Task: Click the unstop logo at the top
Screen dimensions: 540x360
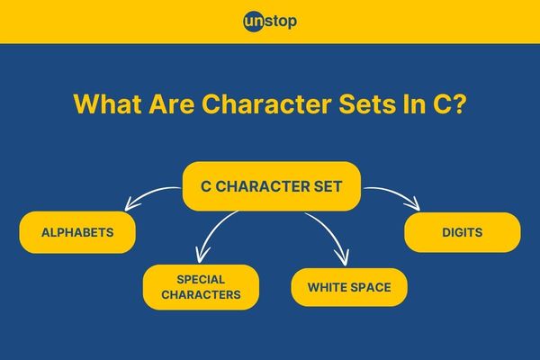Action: [270, 22]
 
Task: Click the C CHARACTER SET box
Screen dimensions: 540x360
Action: [272, 186]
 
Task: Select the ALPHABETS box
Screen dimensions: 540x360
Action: [77, 232]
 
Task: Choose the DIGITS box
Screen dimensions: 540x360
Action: [463, 232]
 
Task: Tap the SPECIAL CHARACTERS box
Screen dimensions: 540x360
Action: [201, 287]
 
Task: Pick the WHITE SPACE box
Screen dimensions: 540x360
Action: [349, 287]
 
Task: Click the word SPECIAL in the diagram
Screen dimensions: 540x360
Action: [201, 279]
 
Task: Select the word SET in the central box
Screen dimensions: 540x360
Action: [328, 186]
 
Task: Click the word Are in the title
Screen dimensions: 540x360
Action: [172, 103]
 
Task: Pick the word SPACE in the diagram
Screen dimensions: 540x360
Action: [371, 287]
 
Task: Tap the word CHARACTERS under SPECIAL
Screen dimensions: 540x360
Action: [201, 295]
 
